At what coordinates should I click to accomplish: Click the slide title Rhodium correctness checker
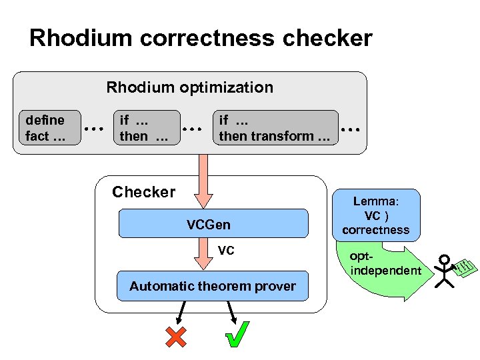(x=201, y=38)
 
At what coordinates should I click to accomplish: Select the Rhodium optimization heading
(x=190, y=87)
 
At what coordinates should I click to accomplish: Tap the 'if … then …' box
(x=147, y=128)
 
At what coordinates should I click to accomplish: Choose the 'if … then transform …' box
(x=275, y=128)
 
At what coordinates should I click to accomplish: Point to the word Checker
(x=143, y=193)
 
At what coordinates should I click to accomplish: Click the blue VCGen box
(x=213, y=224)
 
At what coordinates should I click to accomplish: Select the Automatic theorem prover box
(x=213, y=286)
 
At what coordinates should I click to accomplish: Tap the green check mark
(x=237, y=334)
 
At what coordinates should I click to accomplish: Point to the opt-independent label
(x=385, y=264)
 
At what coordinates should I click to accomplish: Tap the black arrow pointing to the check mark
(x=231, y=311)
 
